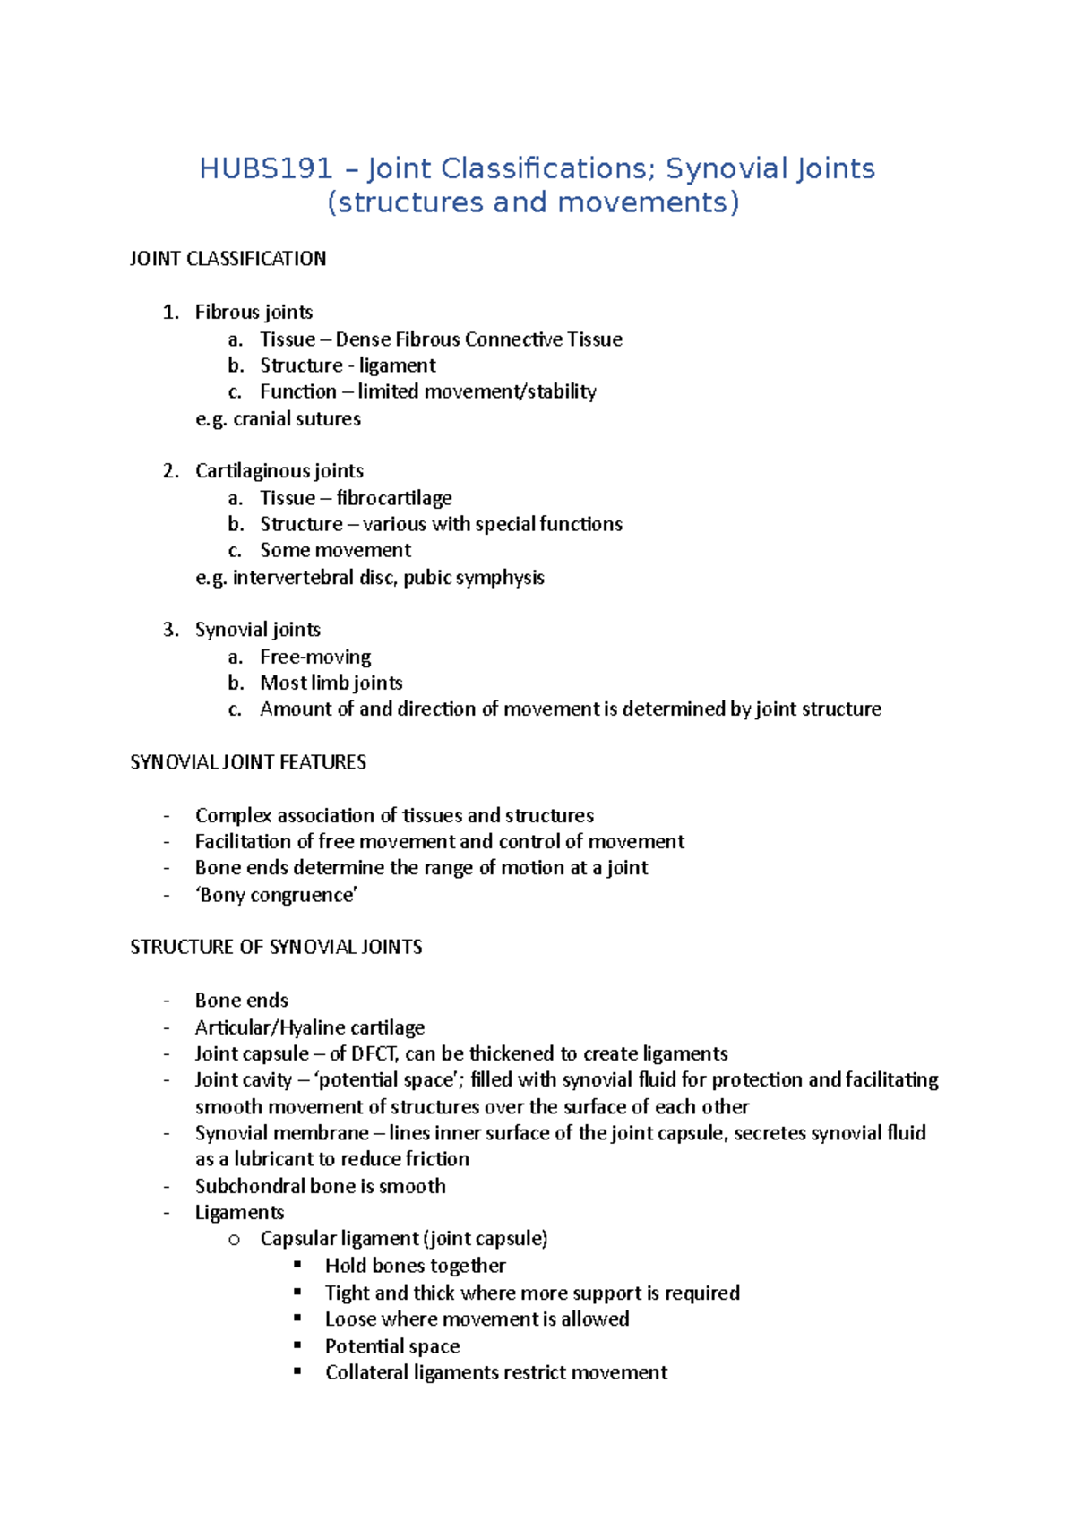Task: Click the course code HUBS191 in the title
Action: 265,168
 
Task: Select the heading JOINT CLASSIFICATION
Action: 228,259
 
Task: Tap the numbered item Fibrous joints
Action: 254,312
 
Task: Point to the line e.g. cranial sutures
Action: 278,418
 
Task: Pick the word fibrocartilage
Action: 394,498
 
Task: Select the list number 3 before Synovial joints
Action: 169,630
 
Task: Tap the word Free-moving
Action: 315,657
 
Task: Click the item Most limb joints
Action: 331,683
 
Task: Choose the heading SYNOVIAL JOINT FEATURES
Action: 248,762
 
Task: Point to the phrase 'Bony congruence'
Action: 277,895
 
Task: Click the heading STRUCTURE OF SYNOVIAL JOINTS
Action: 276,947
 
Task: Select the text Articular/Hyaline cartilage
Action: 310,1027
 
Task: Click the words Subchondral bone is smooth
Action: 320,1186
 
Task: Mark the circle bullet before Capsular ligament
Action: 234,1240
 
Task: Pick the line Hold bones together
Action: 415,1266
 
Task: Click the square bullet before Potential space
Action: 298,1345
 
